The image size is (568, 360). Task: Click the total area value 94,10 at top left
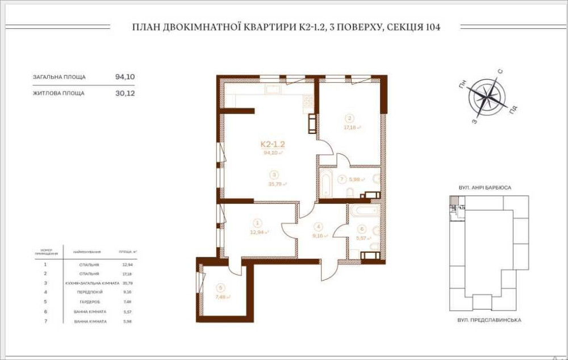coord(125,76)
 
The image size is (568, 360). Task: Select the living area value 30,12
coord(125,93)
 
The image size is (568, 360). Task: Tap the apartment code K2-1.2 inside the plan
coord(273,145)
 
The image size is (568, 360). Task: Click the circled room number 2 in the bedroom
coord(350,119)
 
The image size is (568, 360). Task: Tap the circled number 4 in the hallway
coord(319,225)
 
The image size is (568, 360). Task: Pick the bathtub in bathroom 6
coord(364,211)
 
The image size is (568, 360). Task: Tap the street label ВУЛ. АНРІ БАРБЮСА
coord(485,187)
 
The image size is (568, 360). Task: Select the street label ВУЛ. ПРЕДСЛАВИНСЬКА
coord(489,320)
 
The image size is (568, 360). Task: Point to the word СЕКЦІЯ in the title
coord(400,27)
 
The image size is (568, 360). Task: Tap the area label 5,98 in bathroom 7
coord(355,179)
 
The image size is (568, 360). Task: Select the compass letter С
coord(500,72)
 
